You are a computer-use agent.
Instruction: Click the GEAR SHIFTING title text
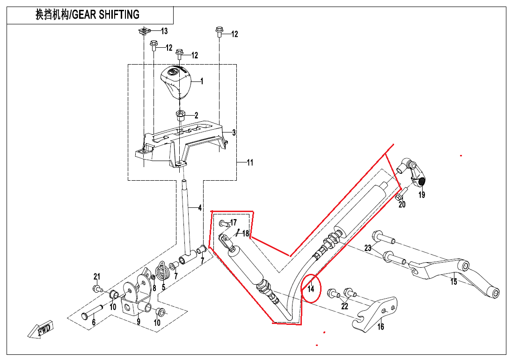coord(88,15)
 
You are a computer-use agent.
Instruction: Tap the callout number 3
coord(234,132)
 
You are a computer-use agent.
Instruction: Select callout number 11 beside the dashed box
coord(250,163)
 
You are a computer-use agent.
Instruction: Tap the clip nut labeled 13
coord(145,31)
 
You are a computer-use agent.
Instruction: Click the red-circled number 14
coord(311,289)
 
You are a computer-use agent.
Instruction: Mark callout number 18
coord(245,233)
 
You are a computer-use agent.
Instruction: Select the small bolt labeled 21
coord(96,288)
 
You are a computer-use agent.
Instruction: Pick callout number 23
coord(368,248)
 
